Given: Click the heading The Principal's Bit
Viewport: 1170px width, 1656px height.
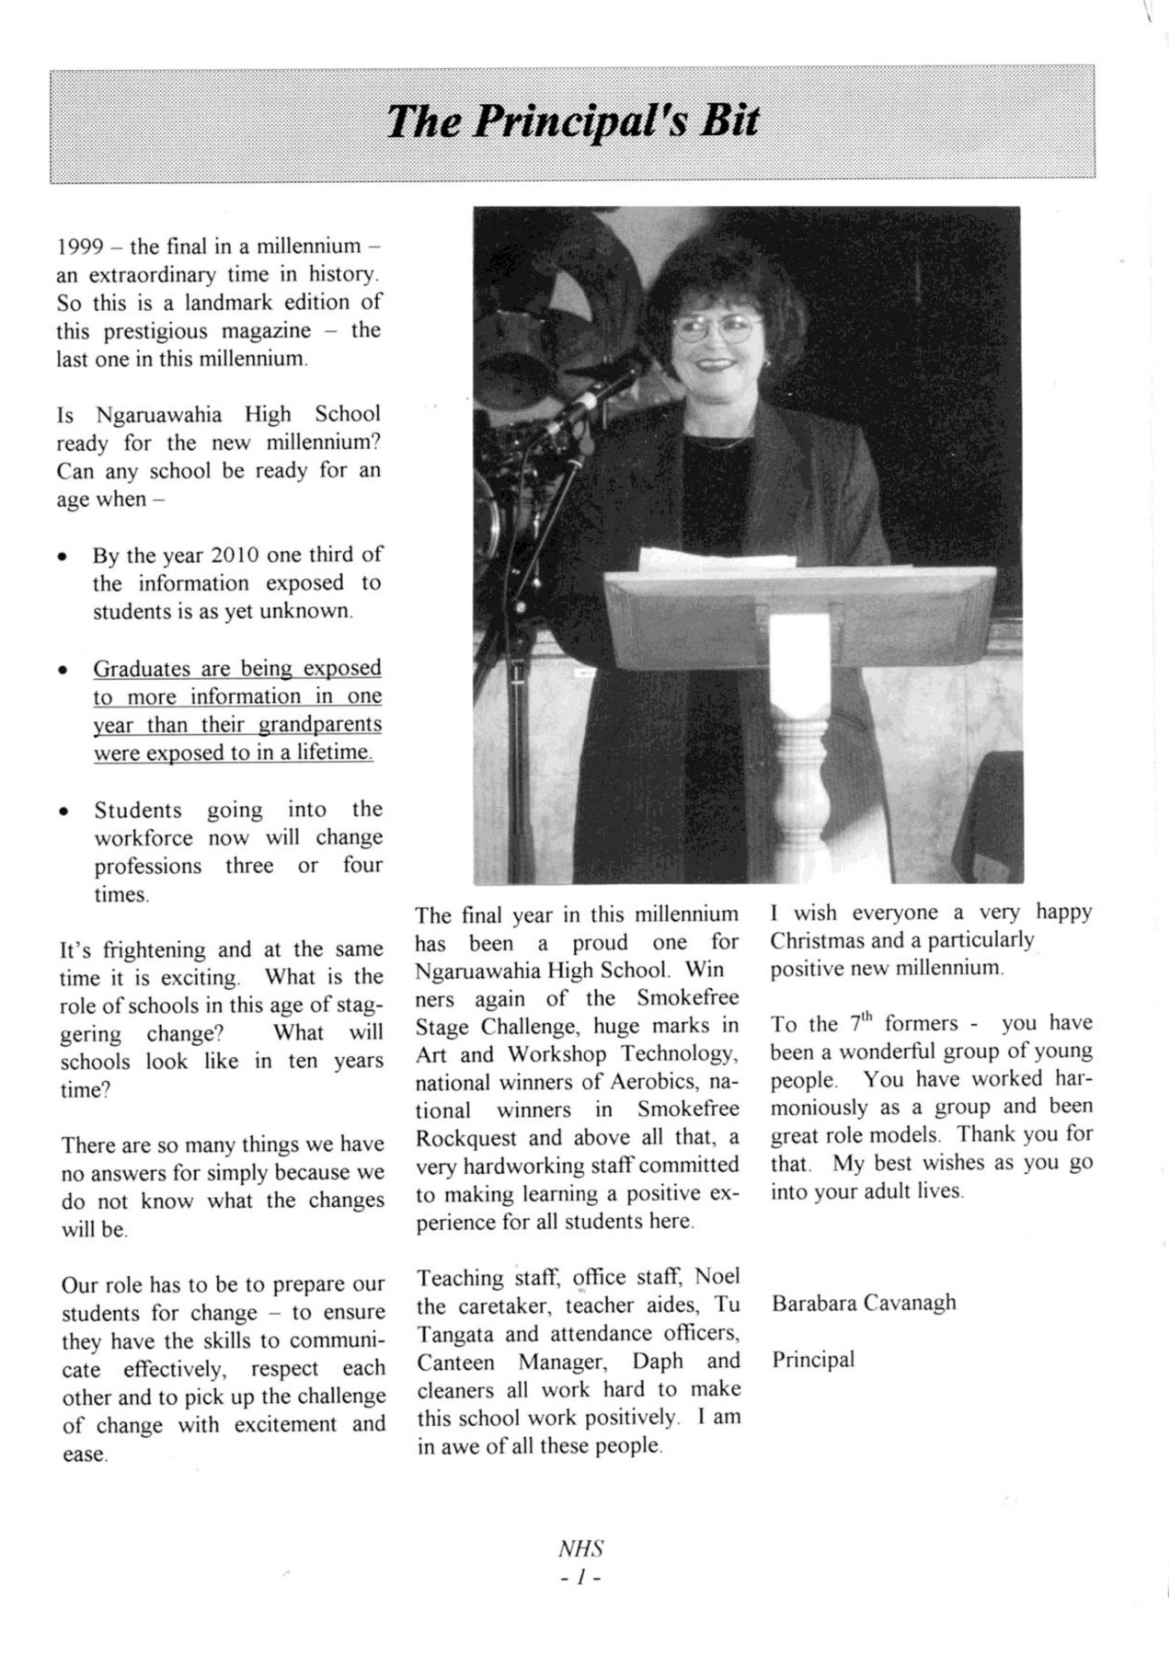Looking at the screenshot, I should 572,121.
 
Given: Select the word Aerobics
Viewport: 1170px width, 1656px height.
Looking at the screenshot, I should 655,1082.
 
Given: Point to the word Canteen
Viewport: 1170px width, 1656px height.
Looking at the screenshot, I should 455,1362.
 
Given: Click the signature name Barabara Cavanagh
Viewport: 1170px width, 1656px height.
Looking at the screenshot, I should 864,1303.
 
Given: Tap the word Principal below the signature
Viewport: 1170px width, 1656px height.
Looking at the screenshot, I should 813,1359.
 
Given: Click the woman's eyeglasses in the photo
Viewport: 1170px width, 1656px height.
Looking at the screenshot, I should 717,327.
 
